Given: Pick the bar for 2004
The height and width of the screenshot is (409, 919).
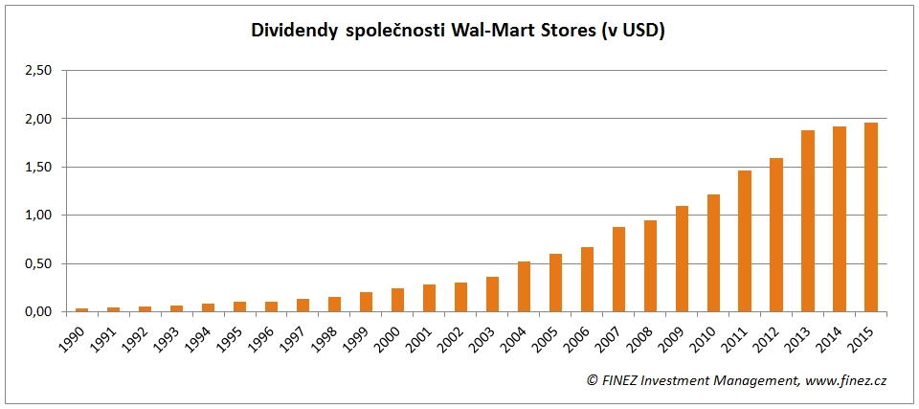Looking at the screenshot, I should click(x=524, y=286).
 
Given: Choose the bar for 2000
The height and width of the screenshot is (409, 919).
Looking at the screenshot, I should click(x=397, y=300).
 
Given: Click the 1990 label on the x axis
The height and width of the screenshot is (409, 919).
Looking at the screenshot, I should click(x=75, y=336).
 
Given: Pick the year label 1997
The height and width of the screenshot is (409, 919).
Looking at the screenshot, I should click(x=296, y=336).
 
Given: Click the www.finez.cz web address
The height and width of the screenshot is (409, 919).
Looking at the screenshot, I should click(x=847, y=380).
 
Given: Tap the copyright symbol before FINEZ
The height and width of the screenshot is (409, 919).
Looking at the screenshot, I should click(x=593, y=380).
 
